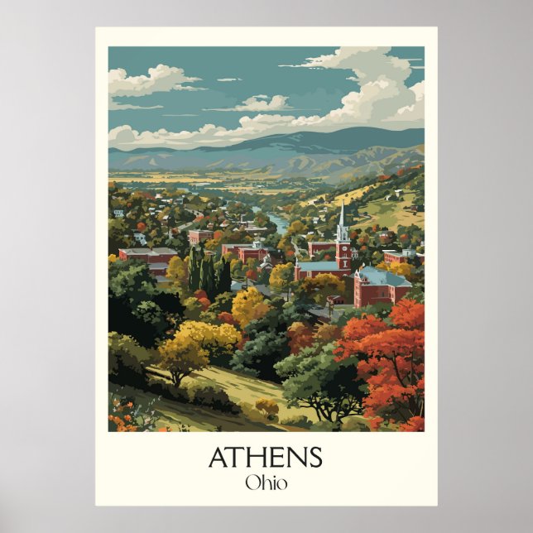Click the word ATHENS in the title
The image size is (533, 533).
click(x=265, y=457)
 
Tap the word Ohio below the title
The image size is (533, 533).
click(x=266, y=482)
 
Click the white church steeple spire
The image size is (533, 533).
click(x=343, y=217)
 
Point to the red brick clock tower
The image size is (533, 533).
click(x=343, y=252)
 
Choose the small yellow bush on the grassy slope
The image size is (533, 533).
click(x=266, y=406)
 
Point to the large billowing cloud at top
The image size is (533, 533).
click(x=364, y=91)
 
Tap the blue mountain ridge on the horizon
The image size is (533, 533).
click(x=315, y=141)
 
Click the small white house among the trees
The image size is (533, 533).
click(x=140, y=238)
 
